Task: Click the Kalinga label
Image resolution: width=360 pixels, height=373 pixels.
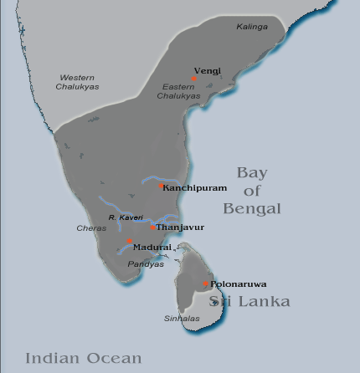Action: coord(252,27)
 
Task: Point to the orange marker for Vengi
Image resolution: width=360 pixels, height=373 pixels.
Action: coord(193,78)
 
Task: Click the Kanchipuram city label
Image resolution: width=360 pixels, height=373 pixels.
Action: coord(194,187)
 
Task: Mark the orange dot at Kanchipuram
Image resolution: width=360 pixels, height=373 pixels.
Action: coord(162,186)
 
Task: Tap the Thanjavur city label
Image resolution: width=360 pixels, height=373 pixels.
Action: coord(180,227)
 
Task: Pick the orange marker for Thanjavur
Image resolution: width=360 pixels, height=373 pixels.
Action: coord(152,226)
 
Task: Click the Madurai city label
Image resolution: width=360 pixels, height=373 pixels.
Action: coord(152,248)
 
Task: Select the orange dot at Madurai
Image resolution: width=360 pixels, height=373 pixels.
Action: coord(129,241)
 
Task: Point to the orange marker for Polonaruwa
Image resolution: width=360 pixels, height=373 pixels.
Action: coord(206,284)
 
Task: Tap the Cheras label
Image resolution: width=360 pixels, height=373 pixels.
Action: coord(92,227)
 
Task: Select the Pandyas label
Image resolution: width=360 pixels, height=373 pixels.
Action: coord(141,264)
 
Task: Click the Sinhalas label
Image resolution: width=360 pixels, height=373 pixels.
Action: coord(177,318)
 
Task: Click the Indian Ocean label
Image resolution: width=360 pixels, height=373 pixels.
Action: coord(83,358)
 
